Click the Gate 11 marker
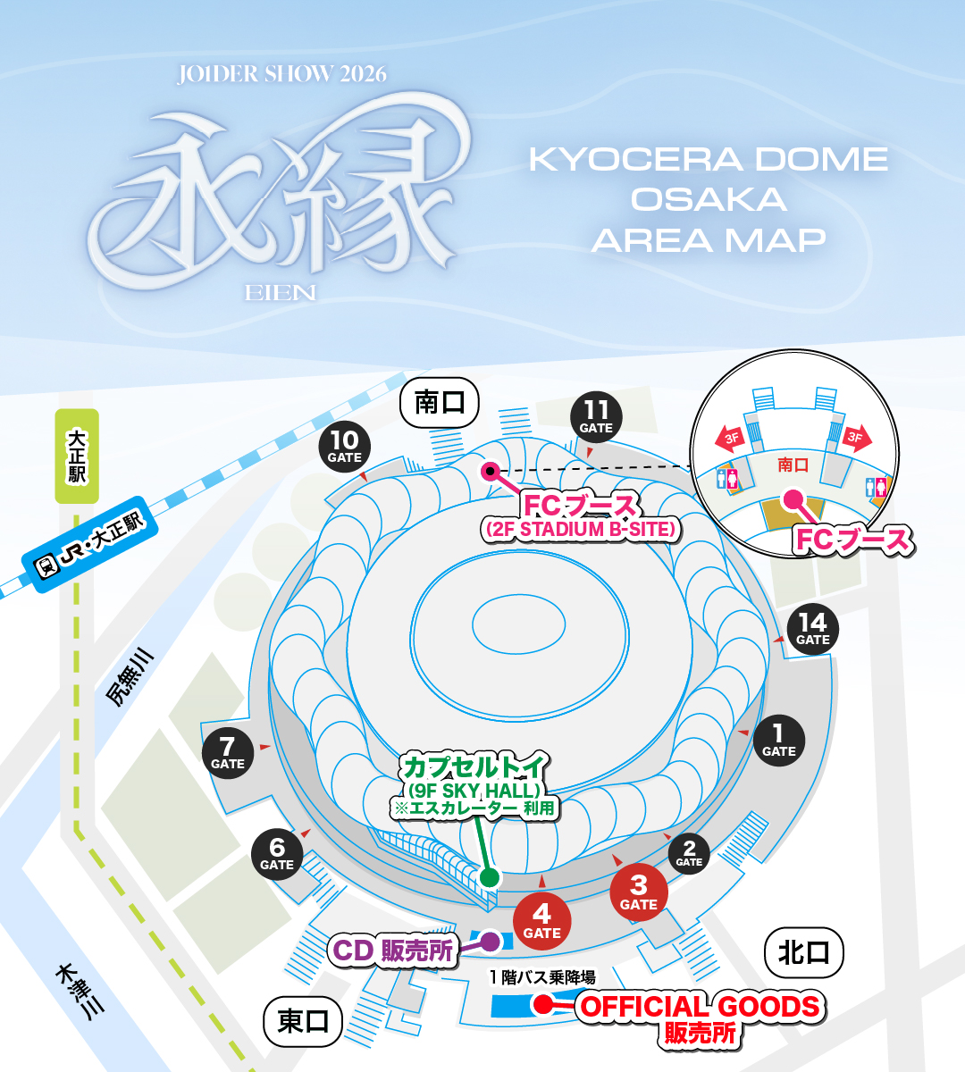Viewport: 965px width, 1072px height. [596, 417]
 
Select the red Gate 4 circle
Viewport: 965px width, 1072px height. [541, 921]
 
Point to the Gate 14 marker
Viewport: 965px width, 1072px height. [812, 629]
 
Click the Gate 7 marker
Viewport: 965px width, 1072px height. [228, 752]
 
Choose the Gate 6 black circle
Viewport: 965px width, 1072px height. [277, 854]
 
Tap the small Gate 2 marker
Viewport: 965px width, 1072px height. [689, 854]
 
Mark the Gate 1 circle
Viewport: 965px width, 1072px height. [778, 741]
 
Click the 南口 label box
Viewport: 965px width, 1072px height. [439, 402]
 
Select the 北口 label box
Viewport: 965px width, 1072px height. [804, 952]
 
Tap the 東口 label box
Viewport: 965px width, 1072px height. [303, 1021]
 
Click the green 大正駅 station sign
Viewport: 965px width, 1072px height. [77, 456]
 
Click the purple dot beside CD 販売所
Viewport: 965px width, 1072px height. [491, 941]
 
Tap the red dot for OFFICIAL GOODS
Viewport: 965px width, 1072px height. [542, 1005]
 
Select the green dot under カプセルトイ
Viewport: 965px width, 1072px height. [489, 876]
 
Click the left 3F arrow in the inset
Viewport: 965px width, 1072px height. [731, 439]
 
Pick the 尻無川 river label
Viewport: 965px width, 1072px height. [130, 679]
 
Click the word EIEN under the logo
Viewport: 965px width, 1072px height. [280, 293]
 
